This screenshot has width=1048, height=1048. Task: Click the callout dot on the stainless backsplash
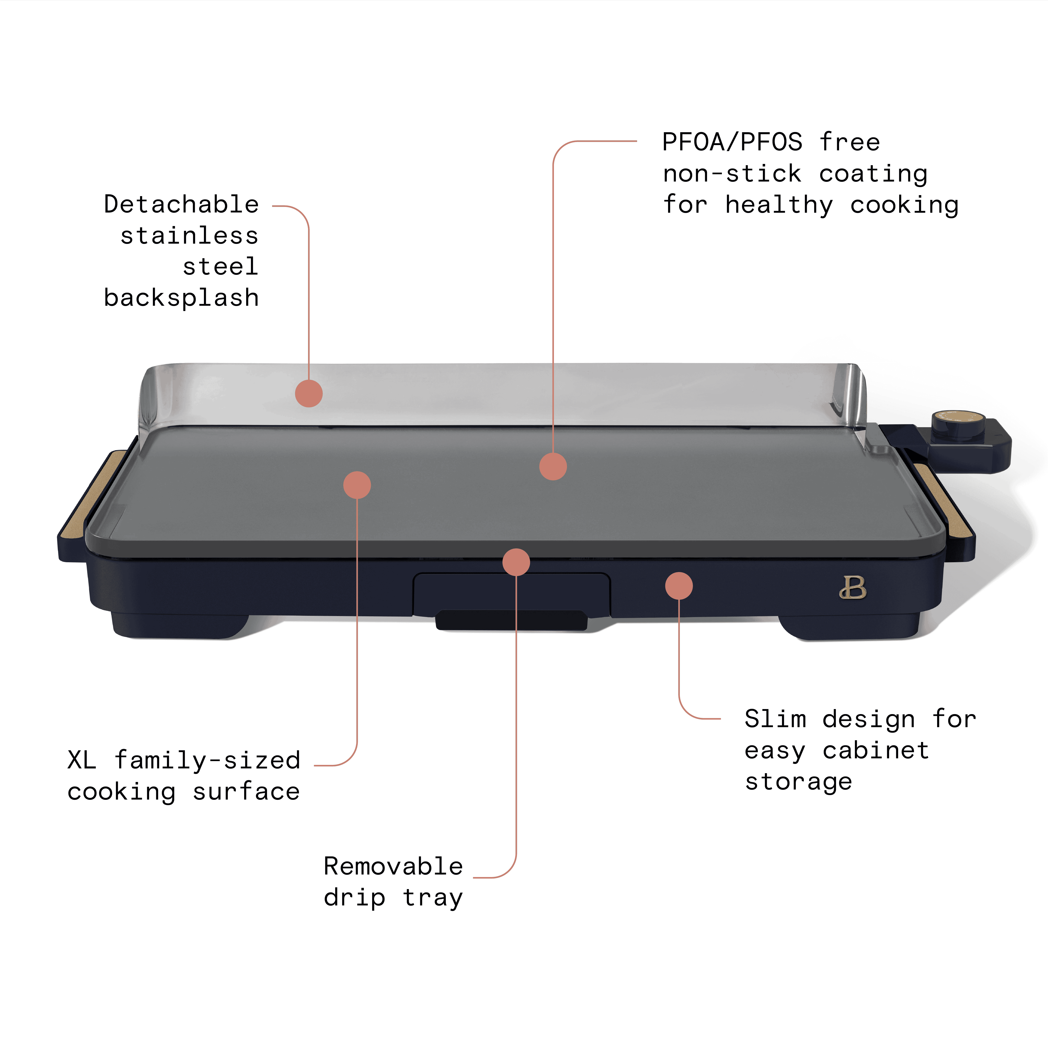pos(309,393)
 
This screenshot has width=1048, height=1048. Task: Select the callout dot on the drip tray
pos(516,562)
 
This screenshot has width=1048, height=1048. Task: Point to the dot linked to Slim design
pos(679,586)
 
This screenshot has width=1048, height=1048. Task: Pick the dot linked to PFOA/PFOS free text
pos(553,466)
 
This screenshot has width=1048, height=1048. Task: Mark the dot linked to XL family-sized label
pos(357,485)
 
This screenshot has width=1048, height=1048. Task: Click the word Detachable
pos(181,204)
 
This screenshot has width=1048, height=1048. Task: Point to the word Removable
pos(393,866)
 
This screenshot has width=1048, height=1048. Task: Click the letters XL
pos(82,760)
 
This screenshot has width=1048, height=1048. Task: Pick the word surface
pos(246,792)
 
